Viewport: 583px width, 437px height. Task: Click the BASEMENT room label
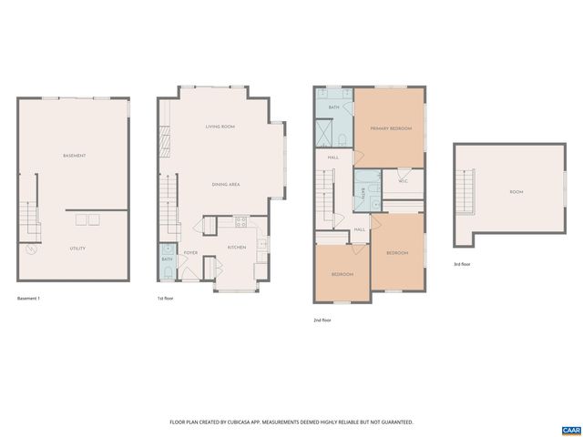click(75, 156)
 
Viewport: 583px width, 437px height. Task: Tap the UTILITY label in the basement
click(77, 249)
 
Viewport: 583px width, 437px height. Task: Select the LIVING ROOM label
click(220, 127)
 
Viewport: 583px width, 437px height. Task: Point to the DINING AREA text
click(225, 185)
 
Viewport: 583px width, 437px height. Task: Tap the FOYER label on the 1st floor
click(191, 252)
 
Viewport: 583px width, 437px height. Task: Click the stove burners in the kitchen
click(241, 220)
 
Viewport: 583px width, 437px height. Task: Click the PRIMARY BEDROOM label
click(391, 128)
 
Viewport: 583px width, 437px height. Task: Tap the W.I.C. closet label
click(402, 179)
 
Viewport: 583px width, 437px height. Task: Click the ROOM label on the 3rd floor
click(517, 192)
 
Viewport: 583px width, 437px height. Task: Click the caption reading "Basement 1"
click(30, 299)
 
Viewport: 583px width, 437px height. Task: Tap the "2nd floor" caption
click(323, 320)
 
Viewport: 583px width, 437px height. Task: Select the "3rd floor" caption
click(463, 264)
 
